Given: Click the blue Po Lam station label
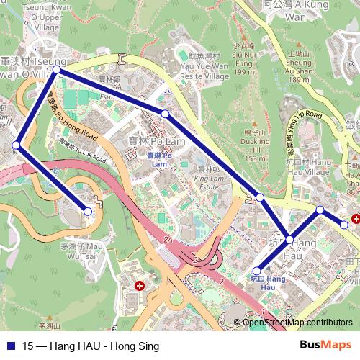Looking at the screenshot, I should [159, 159].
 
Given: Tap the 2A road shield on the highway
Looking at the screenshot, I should [169, 239].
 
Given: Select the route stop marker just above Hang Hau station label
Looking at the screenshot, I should [257, 270].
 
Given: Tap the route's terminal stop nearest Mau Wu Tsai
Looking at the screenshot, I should [88, 211].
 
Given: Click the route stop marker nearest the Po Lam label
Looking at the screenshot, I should [165, 114].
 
